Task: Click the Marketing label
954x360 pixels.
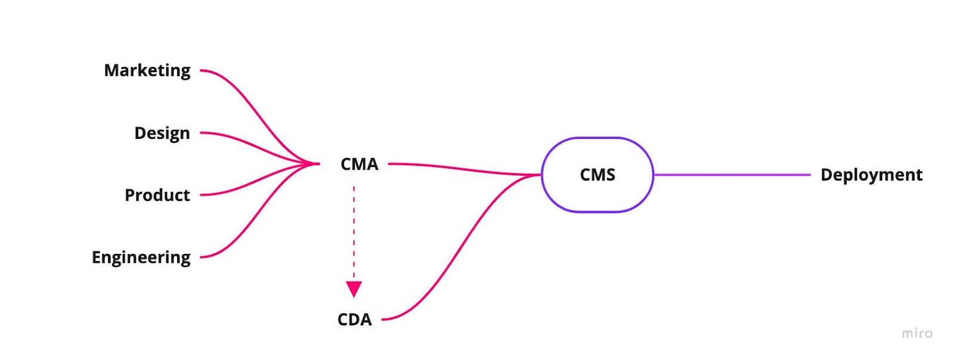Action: pos(147,70)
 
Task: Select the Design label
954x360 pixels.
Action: pos(162,133)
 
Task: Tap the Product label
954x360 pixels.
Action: pos(157,195)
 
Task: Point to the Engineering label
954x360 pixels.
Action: pos(141,257)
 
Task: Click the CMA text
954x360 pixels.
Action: pos(359,164)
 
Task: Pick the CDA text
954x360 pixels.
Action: pos(354,319)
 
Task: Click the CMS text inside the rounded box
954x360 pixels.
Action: pos(597,175)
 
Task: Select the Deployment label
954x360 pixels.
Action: pos(871,175)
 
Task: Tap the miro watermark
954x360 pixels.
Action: pos(917,333)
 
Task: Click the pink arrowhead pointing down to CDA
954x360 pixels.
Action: pos(354,289)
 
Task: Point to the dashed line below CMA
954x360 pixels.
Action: pos(354,232)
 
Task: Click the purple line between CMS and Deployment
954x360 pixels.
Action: pos(732,175)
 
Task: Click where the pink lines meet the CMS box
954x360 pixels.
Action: pos(539,175)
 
